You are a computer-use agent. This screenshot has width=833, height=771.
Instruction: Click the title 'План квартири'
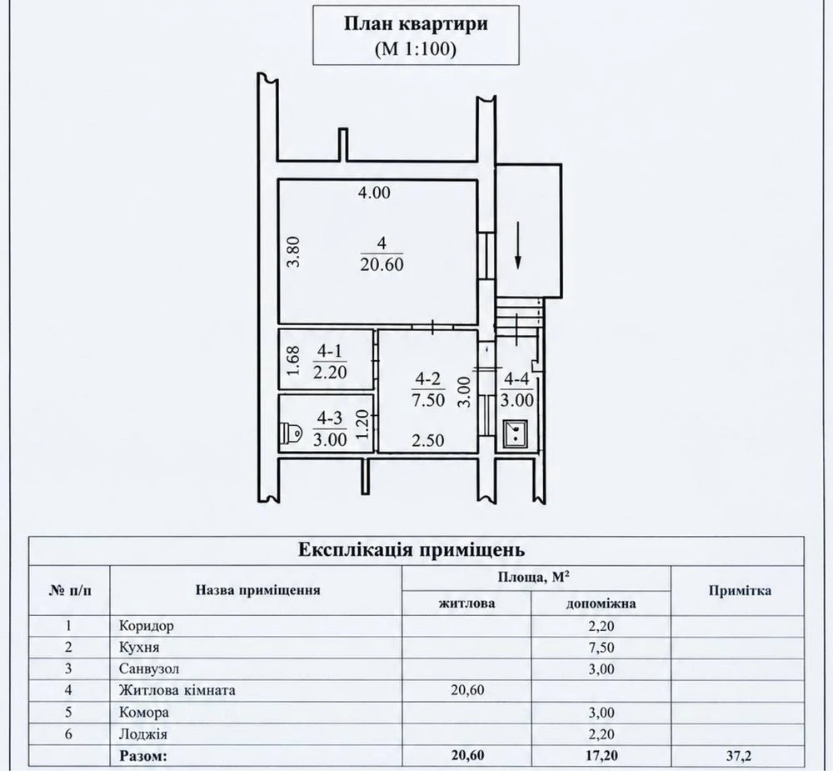coord(416,24)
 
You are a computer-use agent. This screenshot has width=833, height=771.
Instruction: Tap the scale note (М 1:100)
coord(416,49)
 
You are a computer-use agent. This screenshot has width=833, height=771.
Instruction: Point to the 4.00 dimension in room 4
coord(374,193)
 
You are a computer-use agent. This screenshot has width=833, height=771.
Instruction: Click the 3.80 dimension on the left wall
coord(295,252)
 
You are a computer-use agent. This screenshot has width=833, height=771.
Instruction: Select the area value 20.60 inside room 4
coord(382,264)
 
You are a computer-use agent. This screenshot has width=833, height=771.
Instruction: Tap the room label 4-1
coord(330,351)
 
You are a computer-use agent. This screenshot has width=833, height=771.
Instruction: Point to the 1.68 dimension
coord(294,361)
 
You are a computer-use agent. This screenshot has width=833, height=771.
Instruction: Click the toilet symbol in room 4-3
coord(291,433)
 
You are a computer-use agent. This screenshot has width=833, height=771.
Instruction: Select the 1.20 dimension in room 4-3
coord(363,423)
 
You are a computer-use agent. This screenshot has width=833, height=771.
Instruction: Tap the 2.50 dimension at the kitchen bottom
coord(428,441)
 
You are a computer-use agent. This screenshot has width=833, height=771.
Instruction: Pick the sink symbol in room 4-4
coord(515,433)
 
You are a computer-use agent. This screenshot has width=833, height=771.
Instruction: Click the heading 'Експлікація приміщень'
coord(412,549)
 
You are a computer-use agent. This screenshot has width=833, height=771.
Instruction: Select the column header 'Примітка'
coord(740,591)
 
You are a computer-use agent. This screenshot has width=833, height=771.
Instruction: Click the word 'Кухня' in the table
coord(139,647)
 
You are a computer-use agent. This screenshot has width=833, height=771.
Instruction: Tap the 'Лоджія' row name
coord(143,734)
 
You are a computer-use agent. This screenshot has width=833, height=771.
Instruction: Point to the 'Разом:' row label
coord(143,755)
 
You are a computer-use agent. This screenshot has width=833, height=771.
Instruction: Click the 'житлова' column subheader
coord(467,603)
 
